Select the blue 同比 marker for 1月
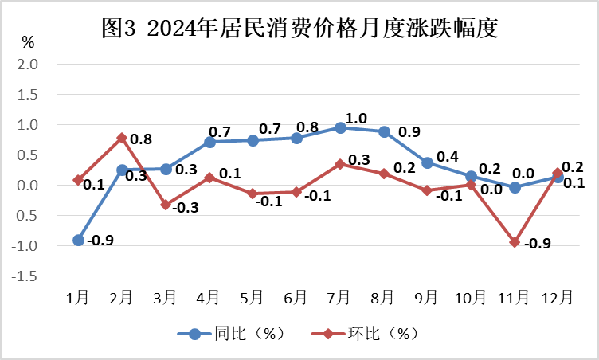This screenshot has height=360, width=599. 79,240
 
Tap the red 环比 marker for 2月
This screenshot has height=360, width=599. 122,138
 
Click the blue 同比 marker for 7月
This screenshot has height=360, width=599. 340,127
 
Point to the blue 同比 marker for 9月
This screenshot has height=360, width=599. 427,162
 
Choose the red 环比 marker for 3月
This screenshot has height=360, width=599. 166,205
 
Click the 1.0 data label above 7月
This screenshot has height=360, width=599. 356,118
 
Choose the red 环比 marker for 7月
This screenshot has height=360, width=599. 340,164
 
